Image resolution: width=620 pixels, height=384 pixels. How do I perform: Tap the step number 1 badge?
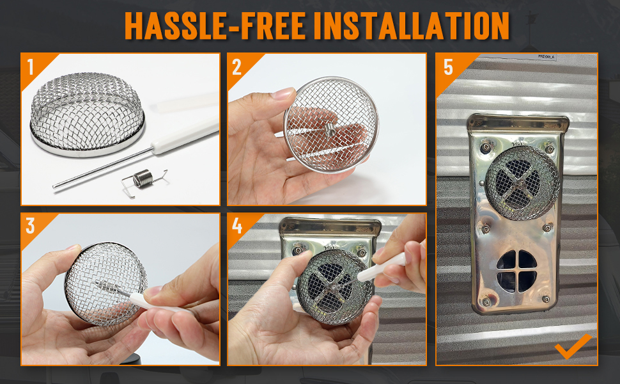31,67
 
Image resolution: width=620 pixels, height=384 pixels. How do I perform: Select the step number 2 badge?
236,67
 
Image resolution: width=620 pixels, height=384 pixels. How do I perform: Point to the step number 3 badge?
31,226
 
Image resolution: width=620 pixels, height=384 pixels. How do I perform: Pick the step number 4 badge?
237,226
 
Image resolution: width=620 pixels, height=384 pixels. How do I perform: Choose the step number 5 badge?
448,67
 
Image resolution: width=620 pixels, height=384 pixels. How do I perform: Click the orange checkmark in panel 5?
573,347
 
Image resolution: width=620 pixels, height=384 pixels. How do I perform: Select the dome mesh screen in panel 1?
88,115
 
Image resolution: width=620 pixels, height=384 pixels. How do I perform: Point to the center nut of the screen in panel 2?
329,129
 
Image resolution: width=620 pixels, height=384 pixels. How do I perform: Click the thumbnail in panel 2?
281,94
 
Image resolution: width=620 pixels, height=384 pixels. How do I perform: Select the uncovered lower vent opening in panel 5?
517,271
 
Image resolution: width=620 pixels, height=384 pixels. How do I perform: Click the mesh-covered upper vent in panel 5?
522,183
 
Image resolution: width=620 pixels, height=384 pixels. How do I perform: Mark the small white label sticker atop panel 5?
546,57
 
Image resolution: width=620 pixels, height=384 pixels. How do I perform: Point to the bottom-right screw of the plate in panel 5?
546,299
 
